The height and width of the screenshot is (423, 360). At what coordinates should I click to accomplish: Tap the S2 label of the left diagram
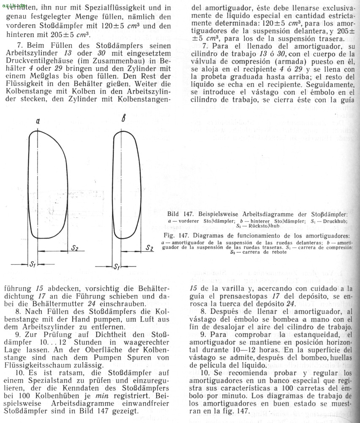point(74,248)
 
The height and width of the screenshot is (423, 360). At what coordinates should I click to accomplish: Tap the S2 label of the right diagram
point(149,248)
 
